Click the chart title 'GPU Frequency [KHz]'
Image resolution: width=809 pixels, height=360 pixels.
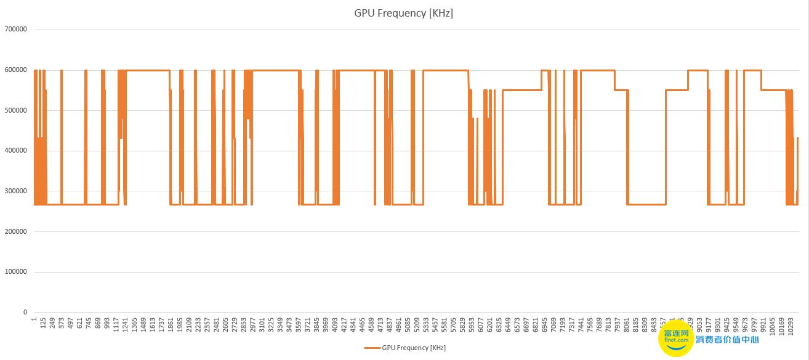pos(403,13)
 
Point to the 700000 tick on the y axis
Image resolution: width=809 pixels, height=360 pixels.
pos(16,30)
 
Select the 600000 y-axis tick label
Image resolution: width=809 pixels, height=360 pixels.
pos(16,70)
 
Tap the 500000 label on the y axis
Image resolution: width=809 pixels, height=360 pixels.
pos(16,110)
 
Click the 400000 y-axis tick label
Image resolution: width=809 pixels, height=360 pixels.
pos(16,151)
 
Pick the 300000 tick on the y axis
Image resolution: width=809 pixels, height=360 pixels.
pos(16,191)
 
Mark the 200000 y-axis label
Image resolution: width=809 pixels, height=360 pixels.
pos(16,232)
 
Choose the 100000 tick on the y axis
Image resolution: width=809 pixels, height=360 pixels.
pos(16,272)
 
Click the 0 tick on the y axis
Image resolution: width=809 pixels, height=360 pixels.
pos(25,313)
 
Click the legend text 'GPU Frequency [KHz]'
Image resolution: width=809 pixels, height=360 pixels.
pos(414,348)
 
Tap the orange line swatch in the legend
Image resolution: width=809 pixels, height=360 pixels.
pos(372,348)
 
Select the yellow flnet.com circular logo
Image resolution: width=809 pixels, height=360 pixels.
pos(676,338)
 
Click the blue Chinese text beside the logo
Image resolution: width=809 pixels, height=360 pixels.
pos(727,339)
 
